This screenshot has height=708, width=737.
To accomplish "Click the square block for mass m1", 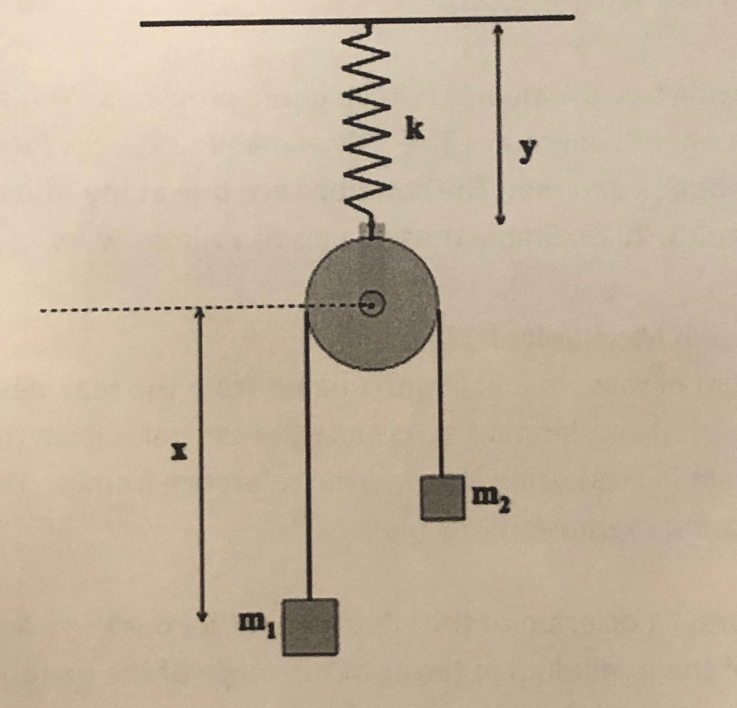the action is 309,627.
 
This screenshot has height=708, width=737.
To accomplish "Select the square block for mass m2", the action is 442,497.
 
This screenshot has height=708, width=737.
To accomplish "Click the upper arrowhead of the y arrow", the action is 498,30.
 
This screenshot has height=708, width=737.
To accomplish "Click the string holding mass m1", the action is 308,460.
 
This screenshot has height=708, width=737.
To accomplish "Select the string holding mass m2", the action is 440,403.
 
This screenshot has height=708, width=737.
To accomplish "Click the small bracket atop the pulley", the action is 371,230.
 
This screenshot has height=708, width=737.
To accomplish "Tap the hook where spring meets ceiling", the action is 368,29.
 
